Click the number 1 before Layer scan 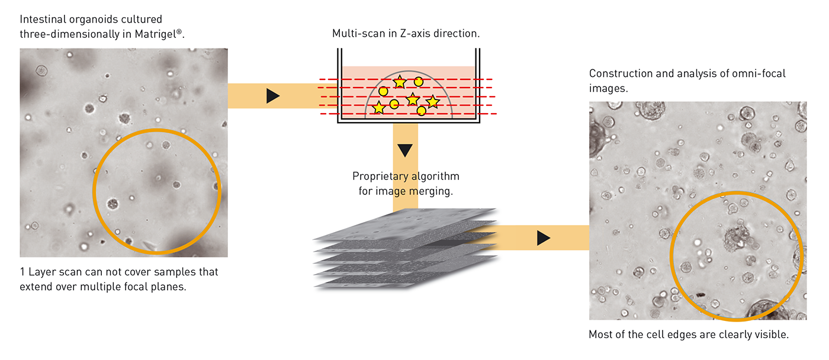point(23,272)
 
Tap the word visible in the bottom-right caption point(771,335)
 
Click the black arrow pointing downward point(405,150)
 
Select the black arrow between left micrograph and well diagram point(272,96)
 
